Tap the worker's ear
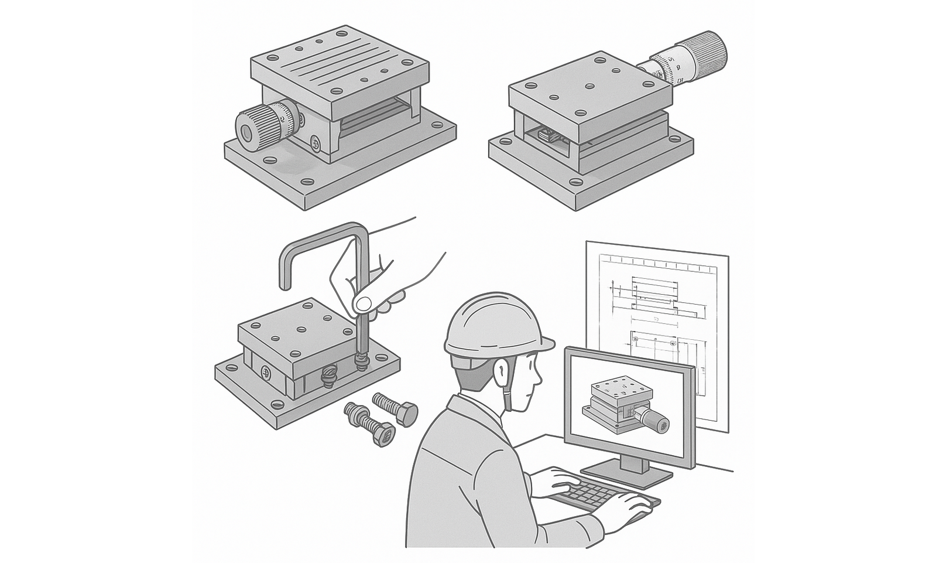(501, 371)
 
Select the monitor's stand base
(626, 475)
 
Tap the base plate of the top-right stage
(591, 176)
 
